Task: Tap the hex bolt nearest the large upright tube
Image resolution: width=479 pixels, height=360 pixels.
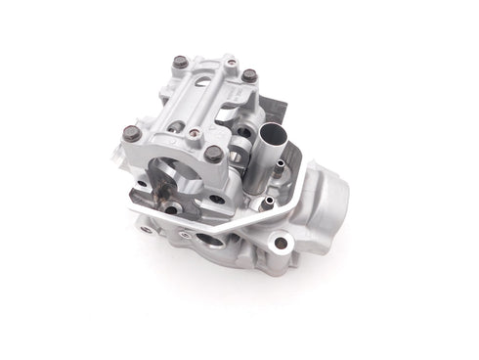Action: coord(249,75)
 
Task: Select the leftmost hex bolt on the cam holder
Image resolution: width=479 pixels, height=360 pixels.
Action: coord(131,134)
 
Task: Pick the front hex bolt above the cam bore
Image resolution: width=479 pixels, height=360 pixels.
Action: coord(213,154)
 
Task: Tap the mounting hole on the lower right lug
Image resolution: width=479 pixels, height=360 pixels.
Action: coord(282,243)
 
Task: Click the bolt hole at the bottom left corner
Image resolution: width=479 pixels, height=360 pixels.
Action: coord(147,229)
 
